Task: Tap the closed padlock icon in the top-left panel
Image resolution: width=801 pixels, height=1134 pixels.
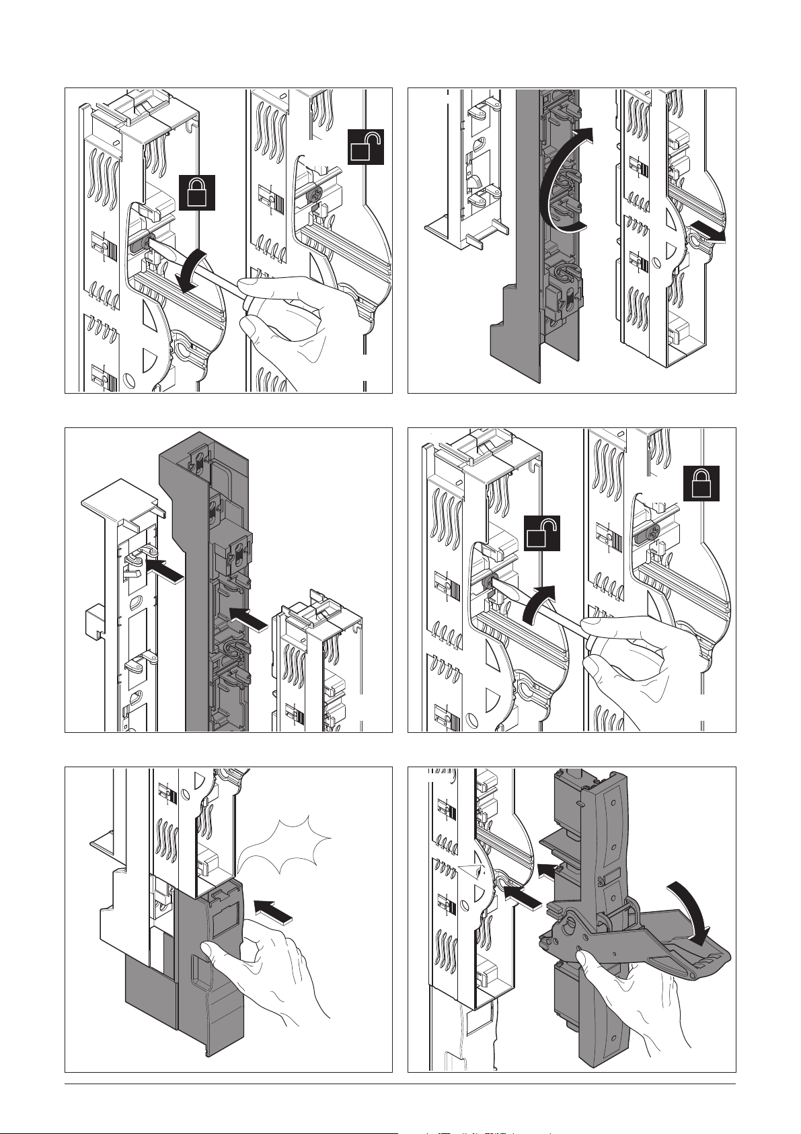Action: tap(196, 192)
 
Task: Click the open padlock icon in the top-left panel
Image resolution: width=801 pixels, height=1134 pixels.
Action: tap(366, 146)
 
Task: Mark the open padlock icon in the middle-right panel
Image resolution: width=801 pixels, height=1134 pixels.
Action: tap(542, 534)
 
